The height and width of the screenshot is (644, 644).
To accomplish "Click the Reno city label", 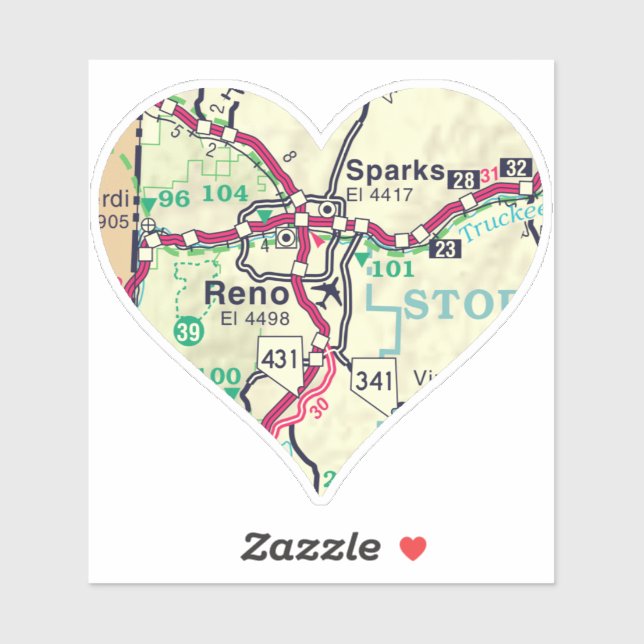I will point(246,294).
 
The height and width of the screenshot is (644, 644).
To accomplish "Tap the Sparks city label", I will point(394,170).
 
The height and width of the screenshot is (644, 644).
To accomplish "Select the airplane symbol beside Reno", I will point(327,292).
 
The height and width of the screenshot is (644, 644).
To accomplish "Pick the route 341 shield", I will point(374,379).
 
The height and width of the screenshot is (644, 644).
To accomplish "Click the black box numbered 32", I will point(516,168).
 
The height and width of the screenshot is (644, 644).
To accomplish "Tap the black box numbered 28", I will point(463,180).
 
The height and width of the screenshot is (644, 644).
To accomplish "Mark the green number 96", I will point(173,198).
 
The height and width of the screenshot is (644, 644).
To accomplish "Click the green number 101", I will point(391,269).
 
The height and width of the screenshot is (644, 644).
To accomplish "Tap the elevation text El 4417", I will point(380,194).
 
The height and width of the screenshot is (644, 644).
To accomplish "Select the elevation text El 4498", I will point(254,319).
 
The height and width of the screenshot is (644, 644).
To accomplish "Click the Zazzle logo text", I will point(310,547).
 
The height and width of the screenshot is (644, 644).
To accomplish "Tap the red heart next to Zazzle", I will point(412,548).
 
